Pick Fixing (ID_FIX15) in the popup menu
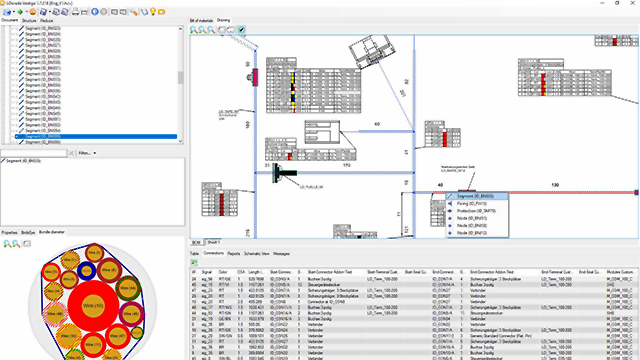[x=470, y=203]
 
